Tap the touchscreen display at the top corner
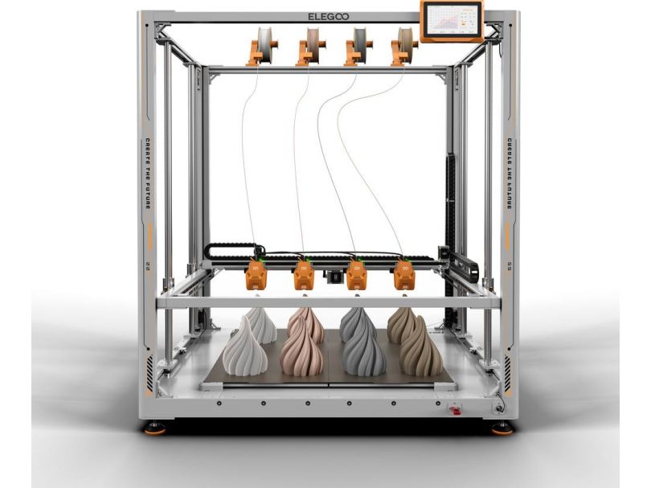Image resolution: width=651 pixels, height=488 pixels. [x=451, y=20]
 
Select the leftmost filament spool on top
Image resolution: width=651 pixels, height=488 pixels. [x=262, y=47]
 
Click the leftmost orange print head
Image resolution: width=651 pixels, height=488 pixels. [x=256, y=276]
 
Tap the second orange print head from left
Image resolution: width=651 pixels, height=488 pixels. [x=304, y=276]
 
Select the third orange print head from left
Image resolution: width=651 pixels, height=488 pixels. [x=354, y=276]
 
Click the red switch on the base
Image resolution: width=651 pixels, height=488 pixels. [x=456, y=411]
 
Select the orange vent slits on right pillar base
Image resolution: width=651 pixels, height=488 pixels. [x=507, y=372]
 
